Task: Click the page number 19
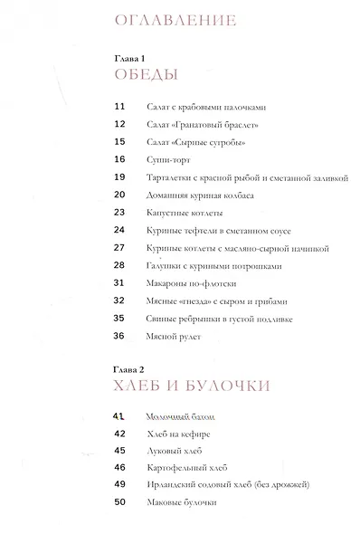click(118, 177)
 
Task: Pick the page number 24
click(118, 230)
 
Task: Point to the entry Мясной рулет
click(168, 336)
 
